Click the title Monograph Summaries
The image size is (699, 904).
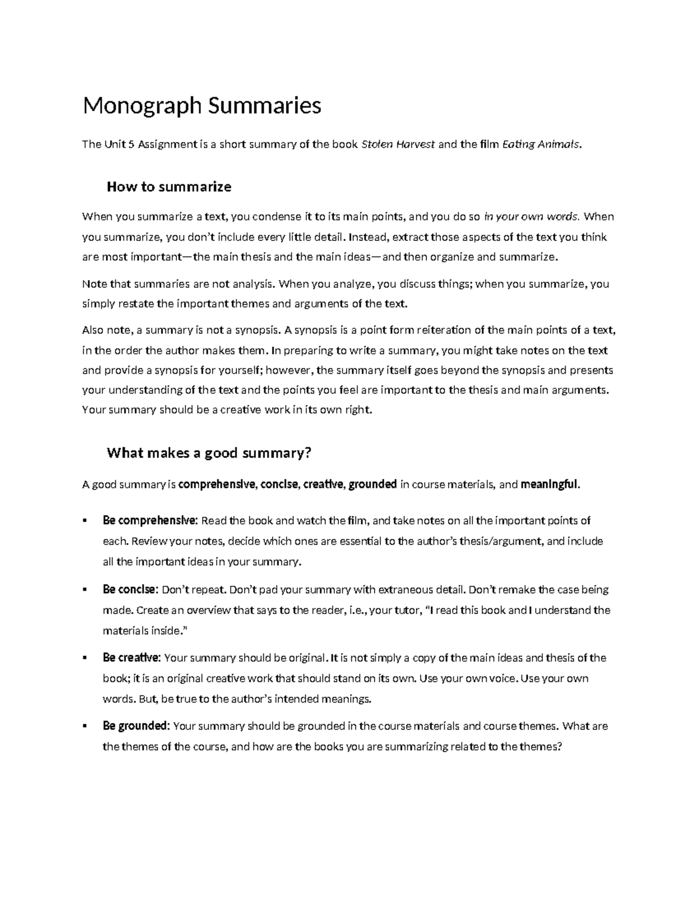tap(202, 106)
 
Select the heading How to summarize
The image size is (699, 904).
tap(169, 187)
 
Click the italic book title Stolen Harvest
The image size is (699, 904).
tap(398, 144)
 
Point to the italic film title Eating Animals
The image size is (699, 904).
tap(541, 144)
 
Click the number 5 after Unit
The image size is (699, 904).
tap(131, 144)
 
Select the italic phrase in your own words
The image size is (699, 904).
tap(531, 217)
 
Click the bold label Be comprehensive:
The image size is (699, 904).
tap(150, 520)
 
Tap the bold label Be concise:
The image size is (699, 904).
tap(130, 589)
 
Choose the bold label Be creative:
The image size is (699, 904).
tap(132, 658)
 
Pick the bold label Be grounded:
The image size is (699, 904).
tap(136, 726)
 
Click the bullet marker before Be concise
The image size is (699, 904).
tap(86, 590)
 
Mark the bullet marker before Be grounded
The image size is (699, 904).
tap(86, 726)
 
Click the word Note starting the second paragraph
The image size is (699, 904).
tap(94, 284)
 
